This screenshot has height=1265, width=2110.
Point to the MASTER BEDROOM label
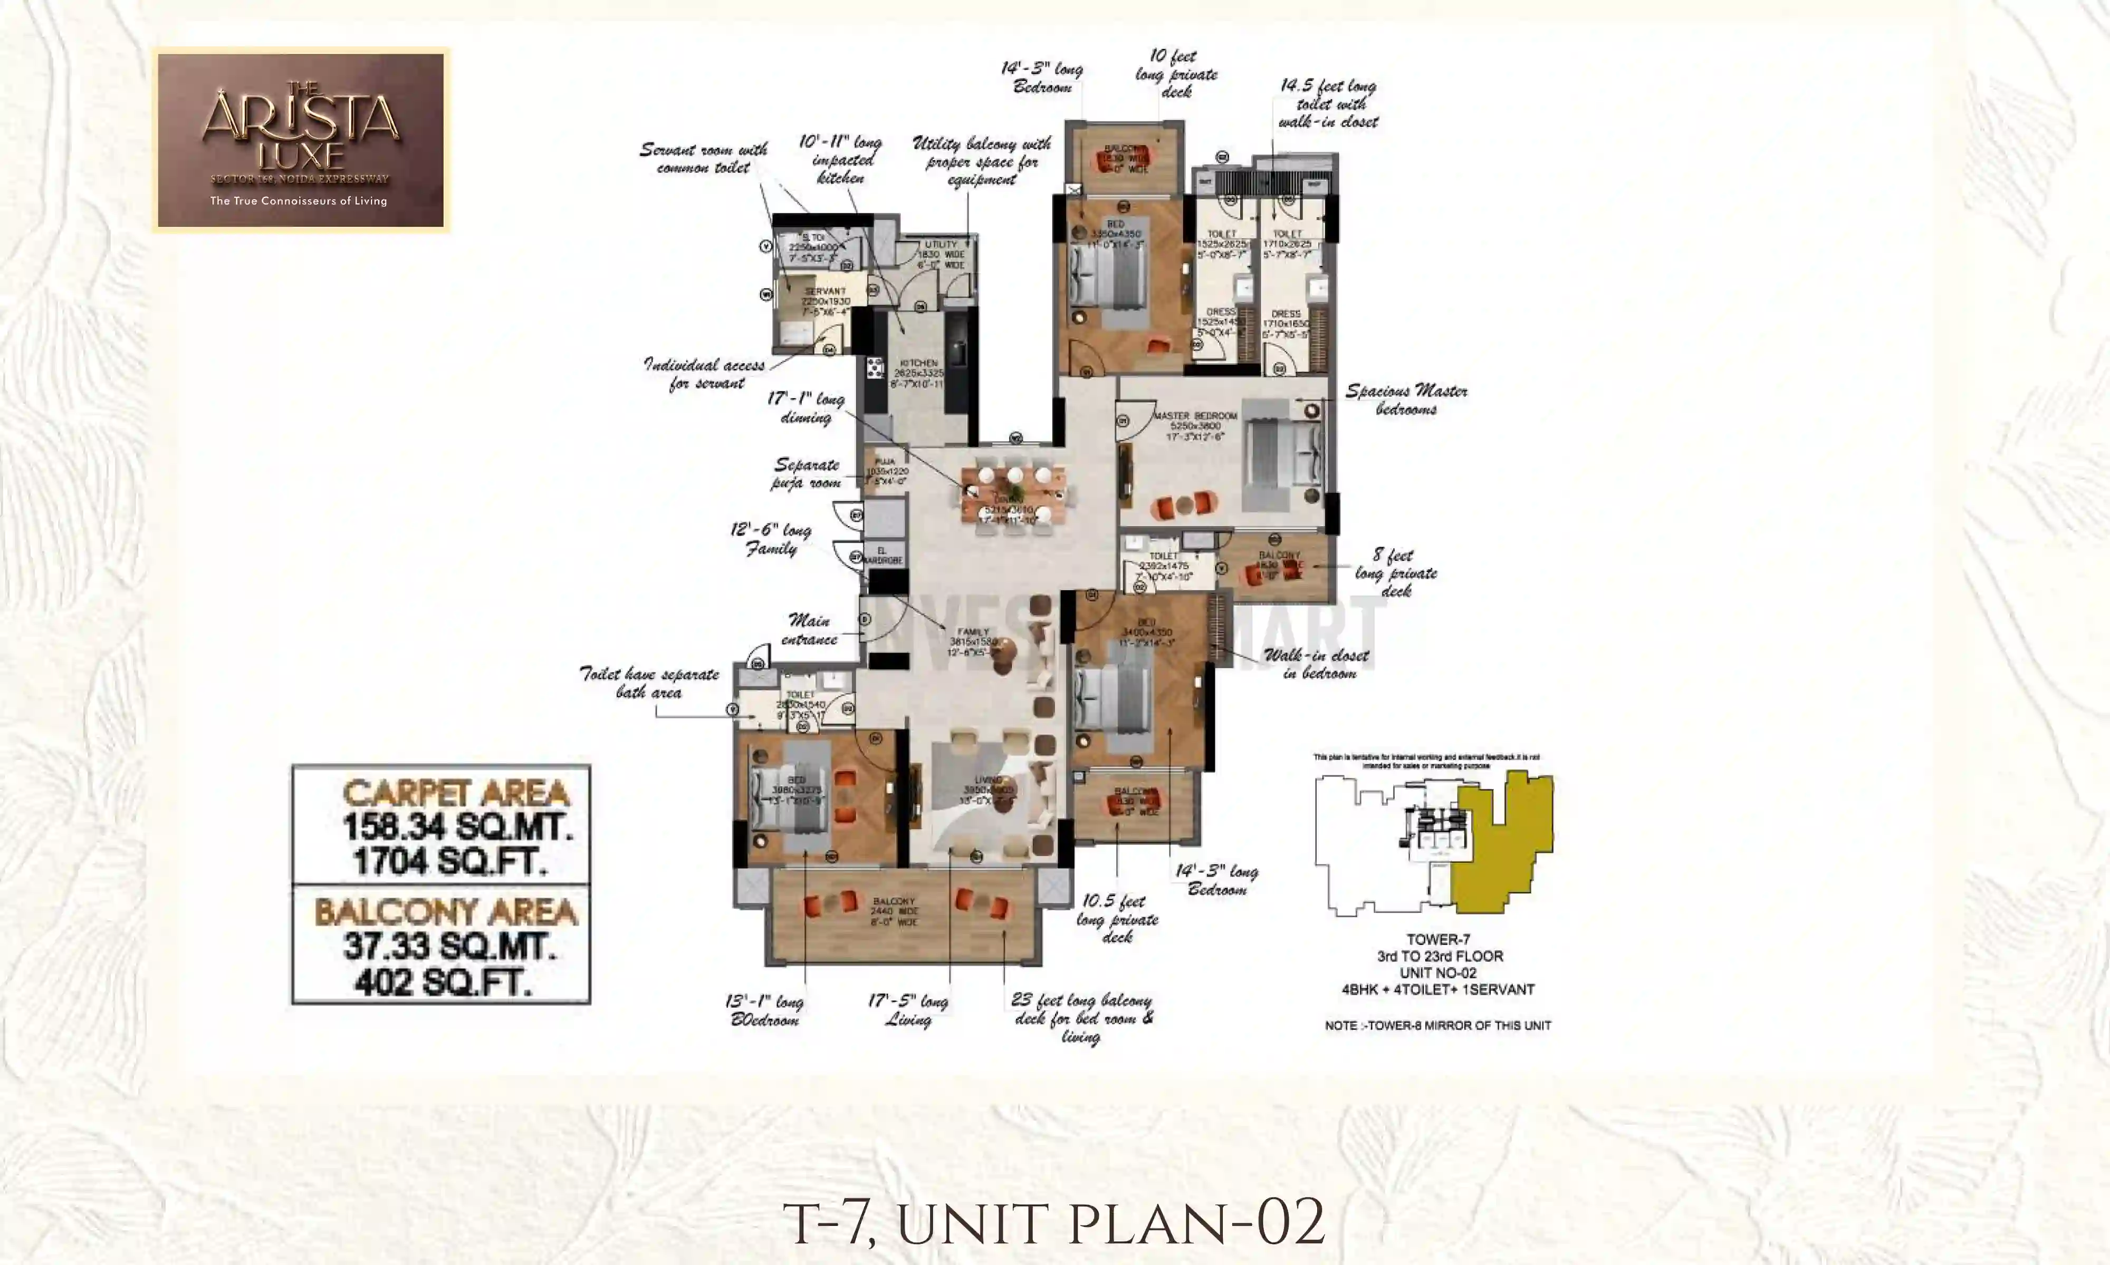(x=1195, y=416)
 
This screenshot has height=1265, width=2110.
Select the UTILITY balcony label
(x=942, y=245)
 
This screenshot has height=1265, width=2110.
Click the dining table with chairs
(x=1014, y=497)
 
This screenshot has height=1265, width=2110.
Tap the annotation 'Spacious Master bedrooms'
(x=1406, y=400)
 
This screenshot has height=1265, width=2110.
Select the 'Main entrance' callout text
(x=809, y=629)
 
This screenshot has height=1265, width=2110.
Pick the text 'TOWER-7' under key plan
(x=1438, y=939)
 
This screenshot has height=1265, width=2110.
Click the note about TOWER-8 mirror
(x=1438, y=1026)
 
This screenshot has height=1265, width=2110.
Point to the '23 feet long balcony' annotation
(x=1081, y=1018)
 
